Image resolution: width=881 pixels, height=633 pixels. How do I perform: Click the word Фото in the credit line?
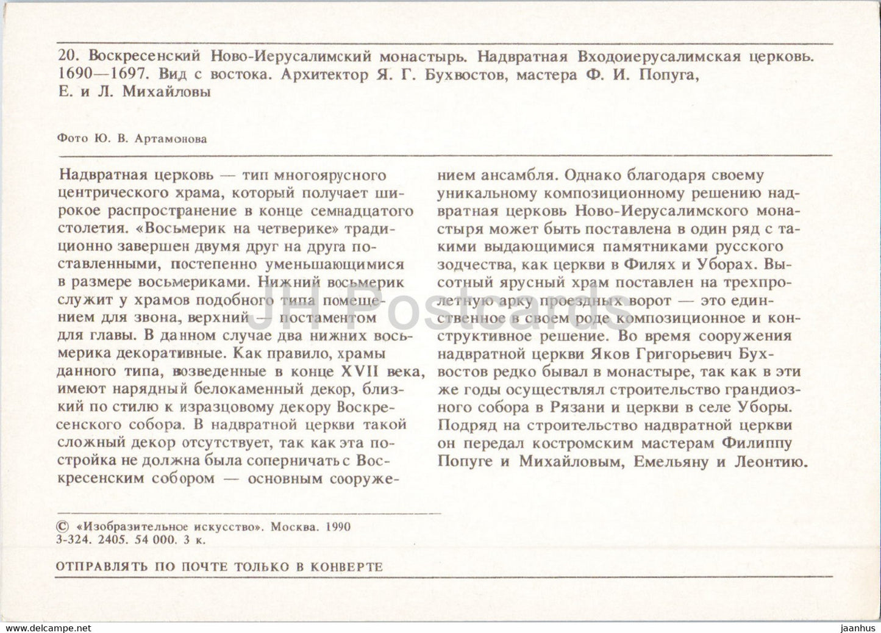(x=69, y=138)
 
